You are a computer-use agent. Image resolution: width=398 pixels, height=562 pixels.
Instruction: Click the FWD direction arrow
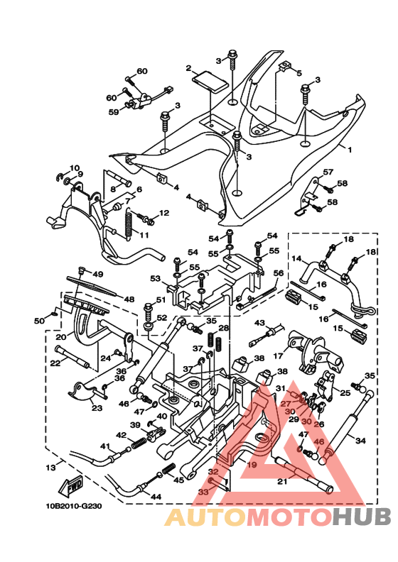[70, 485]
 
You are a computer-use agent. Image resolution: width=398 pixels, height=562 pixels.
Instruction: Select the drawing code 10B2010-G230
[73, 506]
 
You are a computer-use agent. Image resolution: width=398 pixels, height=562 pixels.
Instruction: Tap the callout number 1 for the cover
[350, 150]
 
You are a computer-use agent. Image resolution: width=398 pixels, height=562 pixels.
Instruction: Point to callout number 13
[51, 468]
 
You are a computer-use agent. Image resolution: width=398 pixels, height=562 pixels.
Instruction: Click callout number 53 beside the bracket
[156, 278]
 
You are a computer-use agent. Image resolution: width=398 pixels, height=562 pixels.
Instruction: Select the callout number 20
[61, 337]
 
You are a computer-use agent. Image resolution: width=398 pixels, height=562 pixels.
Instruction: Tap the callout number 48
[129, 299]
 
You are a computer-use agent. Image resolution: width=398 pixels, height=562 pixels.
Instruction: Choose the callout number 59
[114, 112]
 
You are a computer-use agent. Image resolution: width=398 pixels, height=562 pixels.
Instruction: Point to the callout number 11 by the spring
[144, 235]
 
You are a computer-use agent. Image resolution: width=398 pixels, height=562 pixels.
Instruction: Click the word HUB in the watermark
[362, 517]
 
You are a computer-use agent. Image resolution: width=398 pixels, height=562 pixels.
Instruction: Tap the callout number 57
[328, 172]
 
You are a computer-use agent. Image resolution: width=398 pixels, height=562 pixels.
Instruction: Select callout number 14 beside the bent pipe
[297, 258]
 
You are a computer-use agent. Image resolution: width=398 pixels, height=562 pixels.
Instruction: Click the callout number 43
[259, 324]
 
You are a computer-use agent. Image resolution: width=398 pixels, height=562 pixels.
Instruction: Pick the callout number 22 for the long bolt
[55, 363]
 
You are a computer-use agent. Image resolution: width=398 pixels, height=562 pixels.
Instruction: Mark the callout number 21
[283, 482]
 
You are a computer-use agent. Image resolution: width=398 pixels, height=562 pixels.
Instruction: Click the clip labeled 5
[284, 66]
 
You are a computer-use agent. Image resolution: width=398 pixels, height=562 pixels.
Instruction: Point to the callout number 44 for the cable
[156, 497]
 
